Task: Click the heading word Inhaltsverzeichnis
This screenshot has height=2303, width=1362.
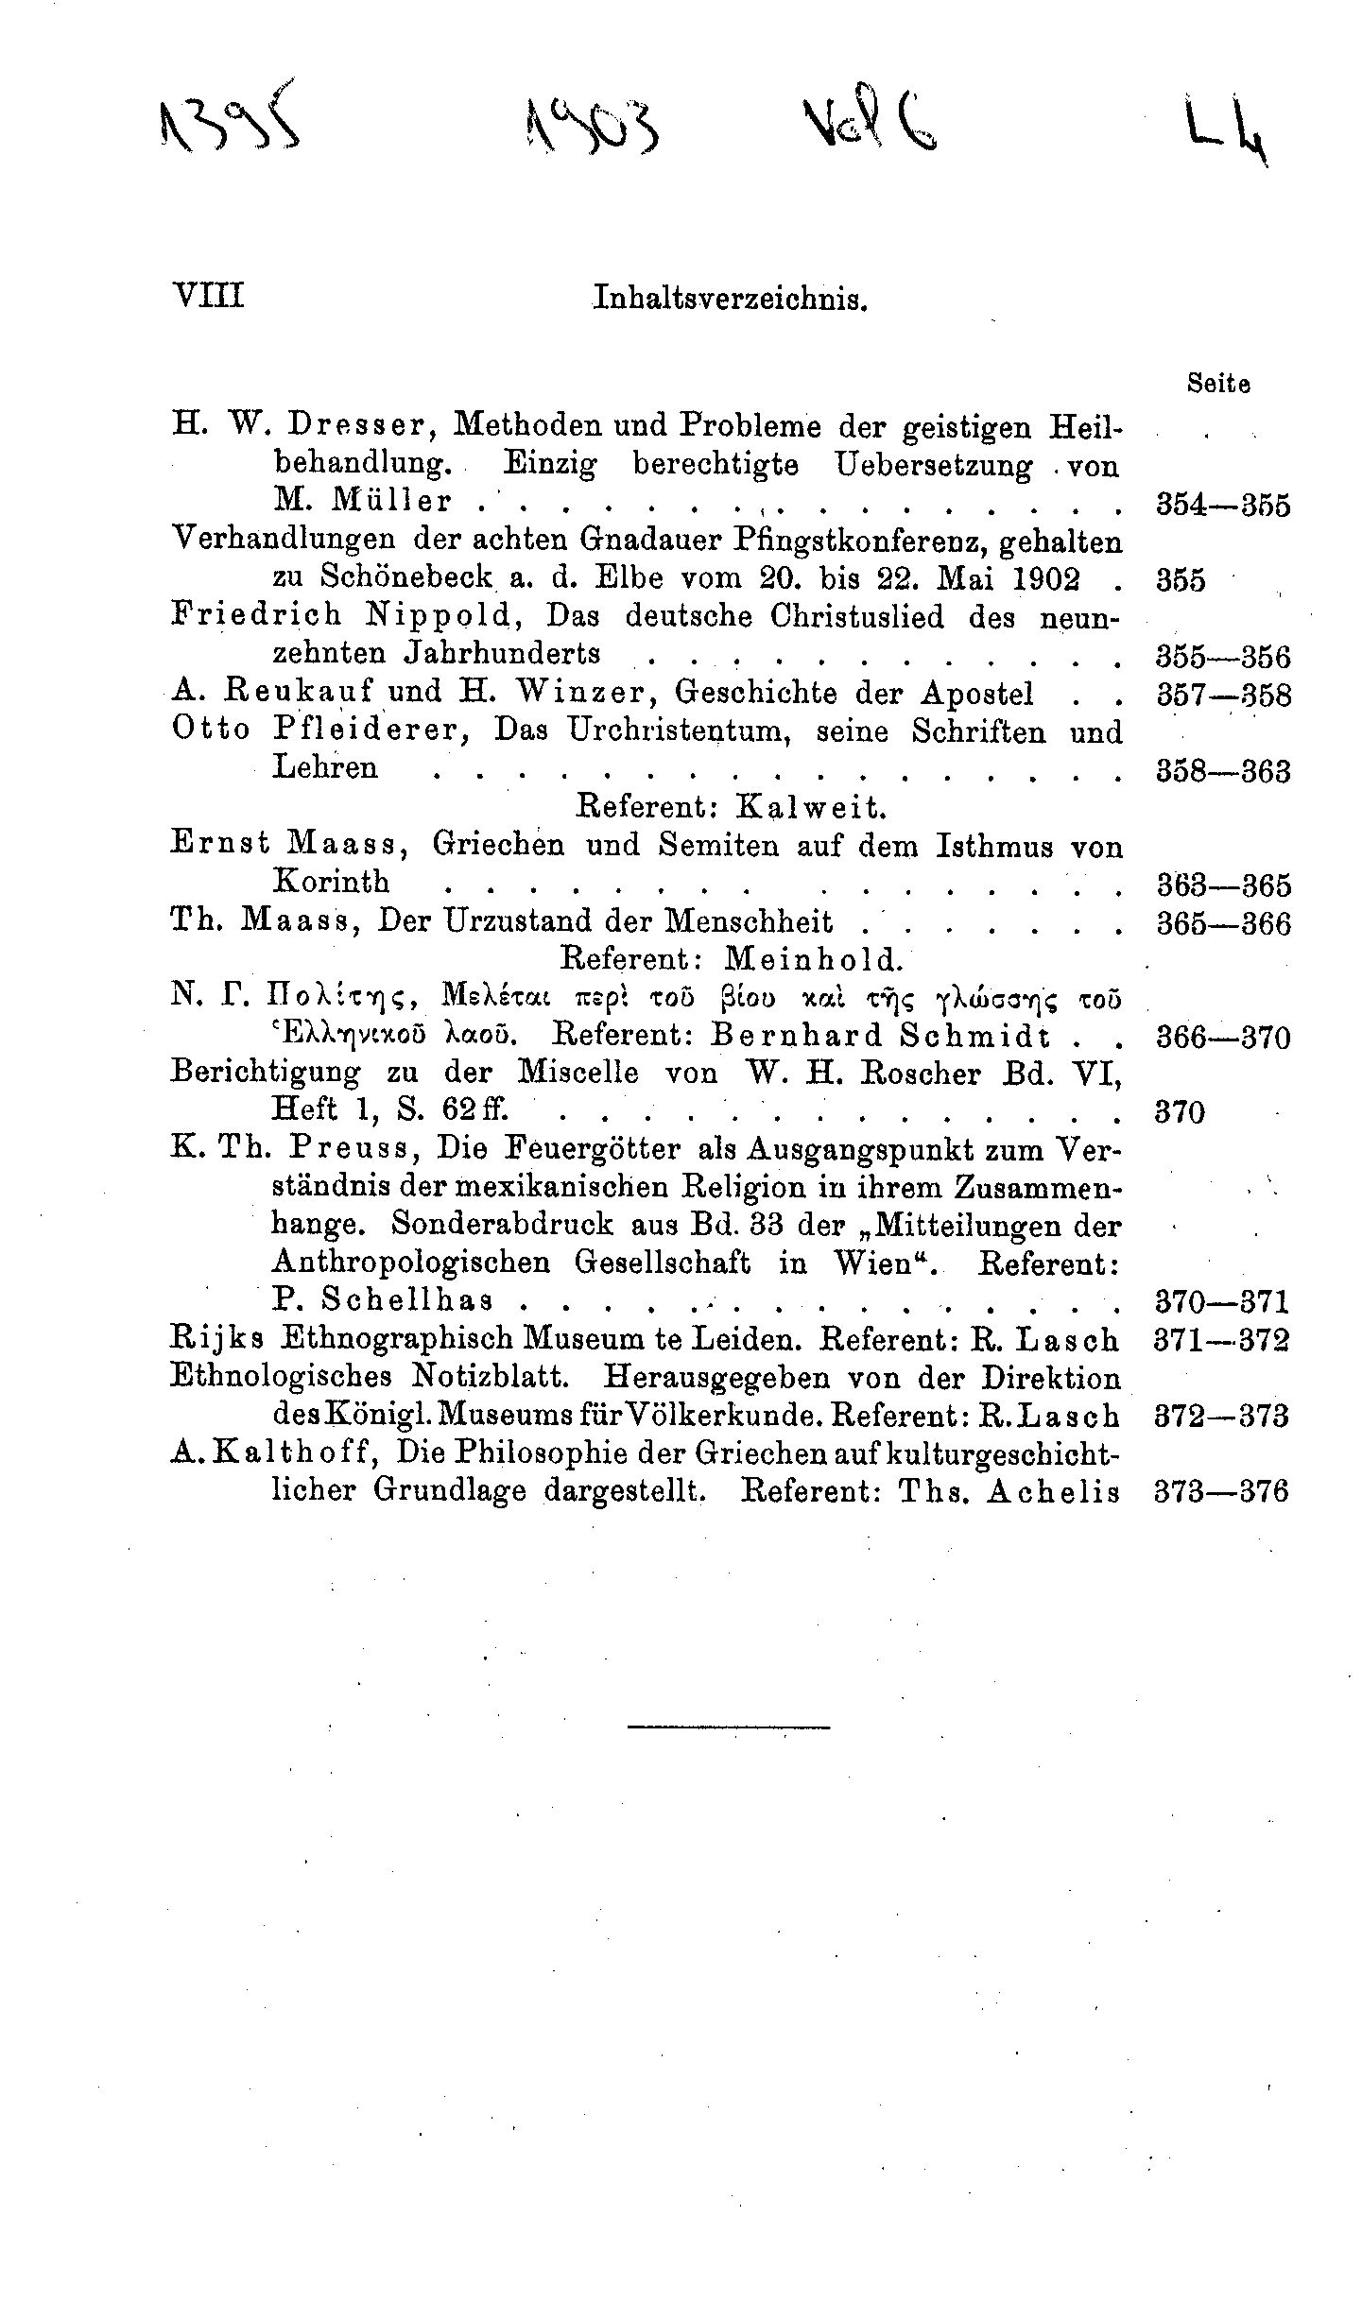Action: (730, 300)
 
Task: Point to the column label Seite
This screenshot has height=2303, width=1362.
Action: (1218, 385)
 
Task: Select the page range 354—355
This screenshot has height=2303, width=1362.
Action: (1223, 506)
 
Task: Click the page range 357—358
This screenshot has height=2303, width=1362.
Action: (1223, 696)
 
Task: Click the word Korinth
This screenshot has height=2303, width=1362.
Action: (331, 882)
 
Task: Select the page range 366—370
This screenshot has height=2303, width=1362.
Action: (1223, 1039)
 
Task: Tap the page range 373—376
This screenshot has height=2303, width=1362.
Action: (1222, 1492)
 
